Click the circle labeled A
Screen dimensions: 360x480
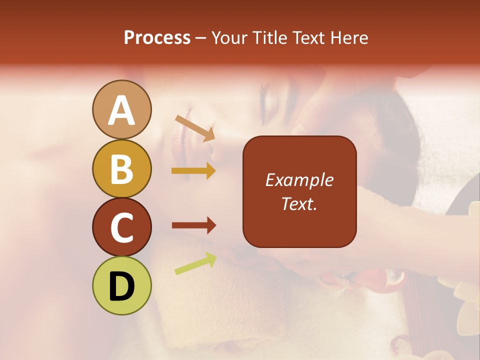pyautogui.click(x=121, y=109)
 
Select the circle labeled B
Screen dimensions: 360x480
pyautogui.click(x=121, y=169)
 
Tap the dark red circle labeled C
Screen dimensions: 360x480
pyautogui.click(x=121, y=227)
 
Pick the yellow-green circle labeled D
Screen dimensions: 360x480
pyautogui.click(x=121, y=285)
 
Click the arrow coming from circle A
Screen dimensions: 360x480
pyautogui.click(x=195, y=128)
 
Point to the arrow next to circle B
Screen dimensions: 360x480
pyautogui.click(x=193, y=171)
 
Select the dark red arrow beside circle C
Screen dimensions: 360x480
pyautogui.click(x=193, y=225)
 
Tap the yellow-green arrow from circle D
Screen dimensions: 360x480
pyautogui.click(x=195, y=263)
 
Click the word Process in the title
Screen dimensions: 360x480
pyautogui.click(x=157, y=37)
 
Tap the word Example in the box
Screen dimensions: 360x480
pyautogui.click(x=299, y=180)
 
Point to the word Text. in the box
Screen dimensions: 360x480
pyautogui.click(x=299, y=203)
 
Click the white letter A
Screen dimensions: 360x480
pyautogui.click(x=121, y=110)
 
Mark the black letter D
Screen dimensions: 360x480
pyautogui.click(x=121, y=286)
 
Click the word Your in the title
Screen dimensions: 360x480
pyautogui.click(x=229, y=37)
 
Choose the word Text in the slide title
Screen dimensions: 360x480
pyautogui.click(x=307, y=37)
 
